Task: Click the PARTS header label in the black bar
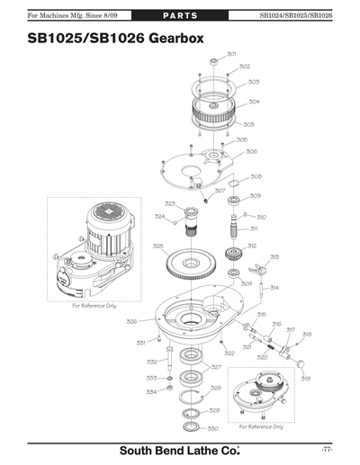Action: (180, 15)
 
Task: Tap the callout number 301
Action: (231, 54)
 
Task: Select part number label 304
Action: (255, 102)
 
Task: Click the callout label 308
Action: (256, 176)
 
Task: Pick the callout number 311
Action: (255, 228)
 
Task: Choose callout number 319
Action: (305, 379)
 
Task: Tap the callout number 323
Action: (169, 204)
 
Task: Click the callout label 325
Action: (157, 246)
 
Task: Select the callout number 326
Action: (131, 321)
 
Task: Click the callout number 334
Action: (152, 392)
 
